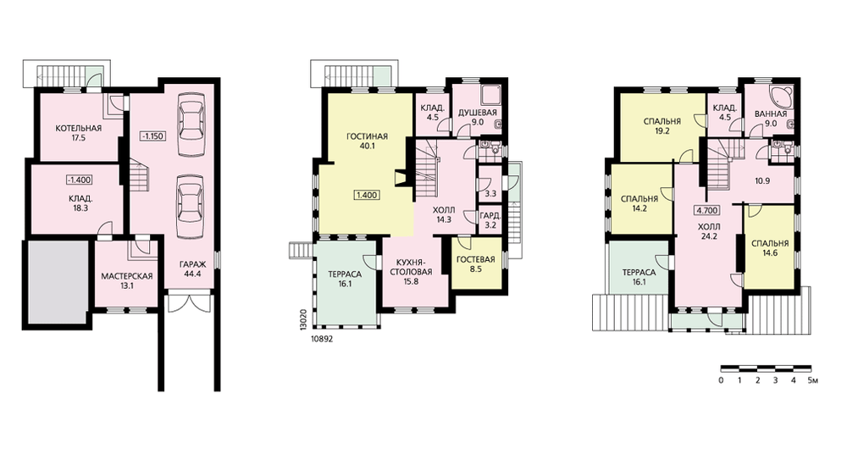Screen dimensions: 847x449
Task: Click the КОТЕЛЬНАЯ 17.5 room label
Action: click(x=79, y=133)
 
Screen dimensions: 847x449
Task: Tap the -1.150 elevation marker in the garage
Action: click(x=152, y=135)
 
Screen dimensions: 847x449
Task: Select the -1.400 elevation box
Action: click(x=79, y=180)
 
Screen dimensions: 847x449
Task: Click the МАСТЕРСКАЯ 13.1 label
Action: click(x=127, y=280)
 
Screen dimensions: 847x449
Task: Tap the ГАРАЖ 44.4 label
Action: click(x=192, y=269)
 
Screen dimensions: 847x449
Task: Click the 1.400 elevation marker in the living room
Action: click(x=367, y=195)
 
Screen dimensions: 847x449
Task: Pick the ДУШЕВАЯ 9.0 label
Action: click(x=478, y=118)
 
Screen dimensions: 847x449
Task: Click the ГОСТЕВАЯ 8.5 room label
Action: click(x=476, y=263)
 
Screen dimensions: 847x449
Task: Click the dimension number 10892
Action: click(x=321, y=340)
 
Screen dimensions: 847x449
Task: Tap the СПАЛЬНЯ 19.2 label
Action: click(x=662, y=126)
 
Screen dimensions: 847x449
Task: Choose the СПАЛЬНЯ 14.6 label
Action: click(x=770, y=247)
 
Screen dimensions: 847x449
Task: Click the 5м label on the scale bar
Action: click(x=813, y=380)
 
